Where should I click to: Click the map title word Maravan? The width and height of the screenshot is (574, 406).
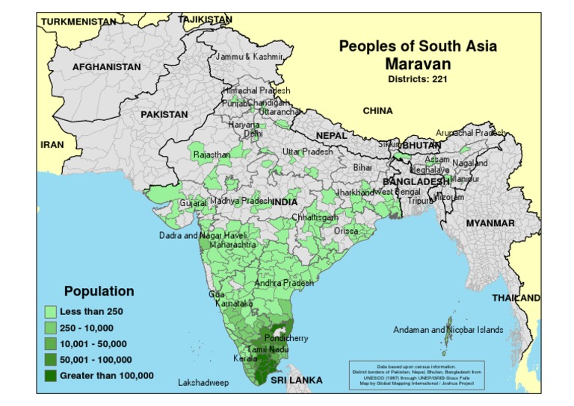coord(418,63)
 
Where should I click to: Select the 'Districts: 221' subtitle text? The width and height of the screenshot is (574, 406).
coord(418,78)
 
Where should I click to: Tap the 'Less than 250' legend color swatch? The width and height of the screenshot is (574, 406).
coord(51,311)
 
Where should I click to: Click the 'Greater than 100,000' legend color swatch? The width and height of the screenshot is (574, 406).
coord(51,375)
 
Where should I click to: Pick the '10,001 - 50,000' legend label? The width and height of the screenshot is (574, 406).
coord(93,344)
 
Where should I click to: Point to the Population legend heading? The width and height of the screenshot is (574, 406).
coord(99,291)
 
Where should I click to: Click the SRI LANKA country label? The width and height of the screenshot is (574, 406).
coord(297,381)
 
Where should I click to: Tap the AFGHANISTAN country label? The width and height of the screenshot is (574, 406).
coord(106,67)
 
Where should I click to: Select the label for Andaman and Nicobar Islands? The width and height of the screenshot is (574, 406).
coord(448,330)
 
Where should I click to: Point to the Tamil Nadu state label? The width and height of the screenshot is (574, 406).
coord(268,349)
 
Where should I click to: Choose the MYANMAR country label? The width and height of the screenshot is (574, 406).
coord(490,223)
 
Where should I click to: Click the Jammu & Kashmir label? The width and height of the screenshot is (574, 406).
coord(249,57)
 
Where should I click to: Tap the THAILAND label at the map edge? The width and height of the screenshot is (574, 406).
coord(516,298)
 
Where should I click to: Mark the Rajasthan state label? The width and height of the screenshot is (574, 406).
coord(212,154)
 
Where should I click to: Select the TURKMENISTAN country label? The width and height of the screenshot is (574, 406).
coord(78,22)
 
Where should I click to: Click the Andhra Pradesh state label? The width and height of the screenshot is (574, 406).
coord(284,284)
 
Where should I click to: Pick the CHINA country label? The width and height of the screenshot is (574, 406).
coord(377,111)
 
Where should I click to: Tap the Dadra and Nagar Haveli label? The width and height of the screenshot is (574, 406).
coord(203,235)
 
